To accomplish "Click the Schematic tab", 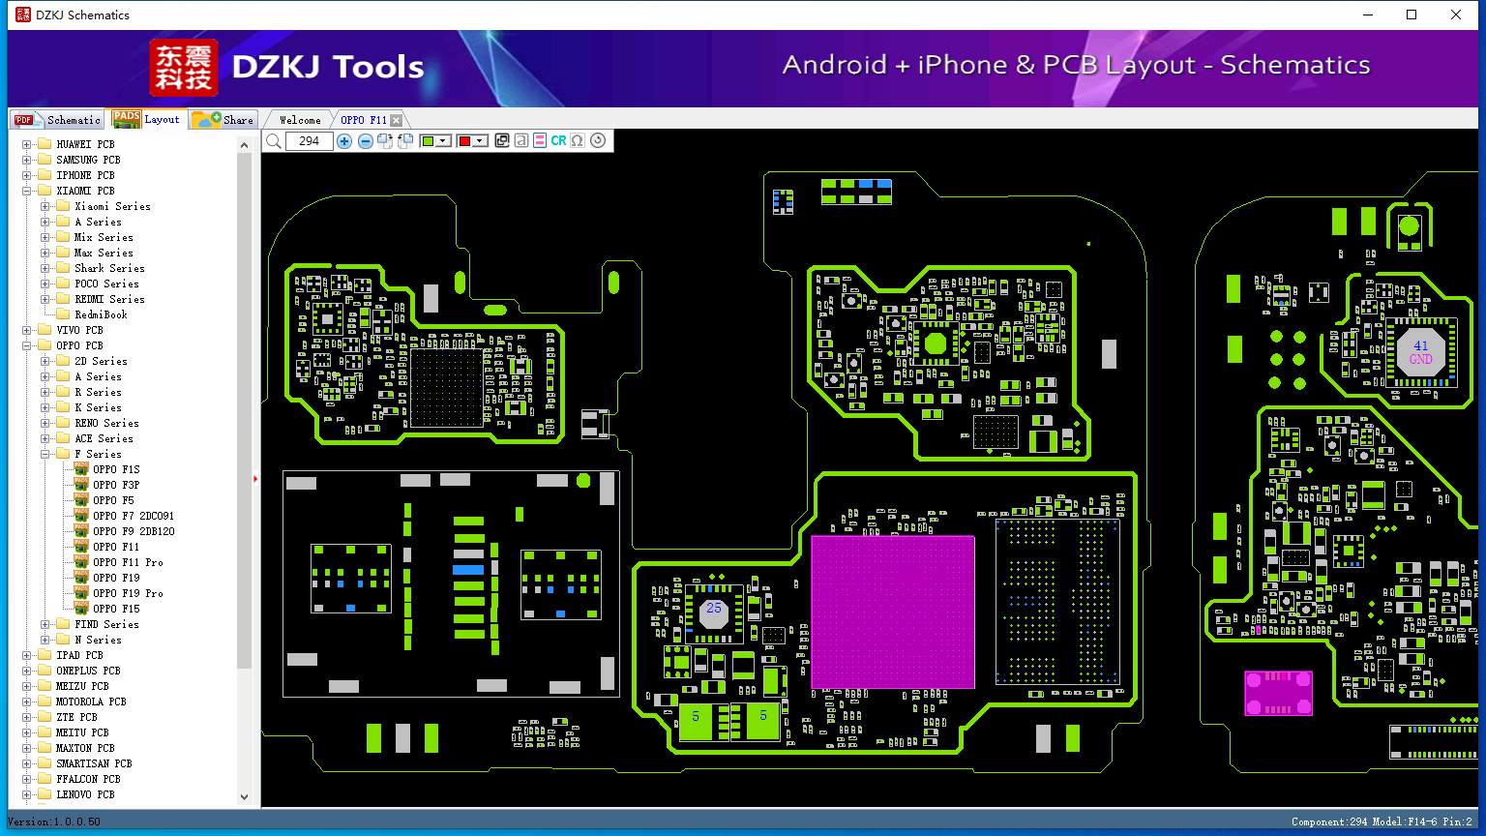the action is click(x=58, y=119).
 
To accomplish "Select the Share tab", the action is click(x=223, y=119).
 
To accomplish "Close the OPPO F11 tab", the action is click(x=396, y=120).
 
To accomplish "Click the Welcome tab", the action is click(x=300, y=120).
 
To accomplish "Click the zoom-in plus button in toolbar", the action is click(x=344, y=141).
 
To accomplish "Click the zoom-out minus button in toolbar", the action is click(x=365, y=141).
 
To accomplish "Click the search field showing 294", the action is click(x=310, y=141).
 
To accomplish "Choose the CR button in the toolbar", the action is click(x=558, y=140).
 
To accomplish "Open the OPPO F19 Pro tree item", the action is click(x=128, y=593).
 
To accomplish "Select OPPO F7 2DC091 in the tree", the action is click(x=133, y=516).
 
